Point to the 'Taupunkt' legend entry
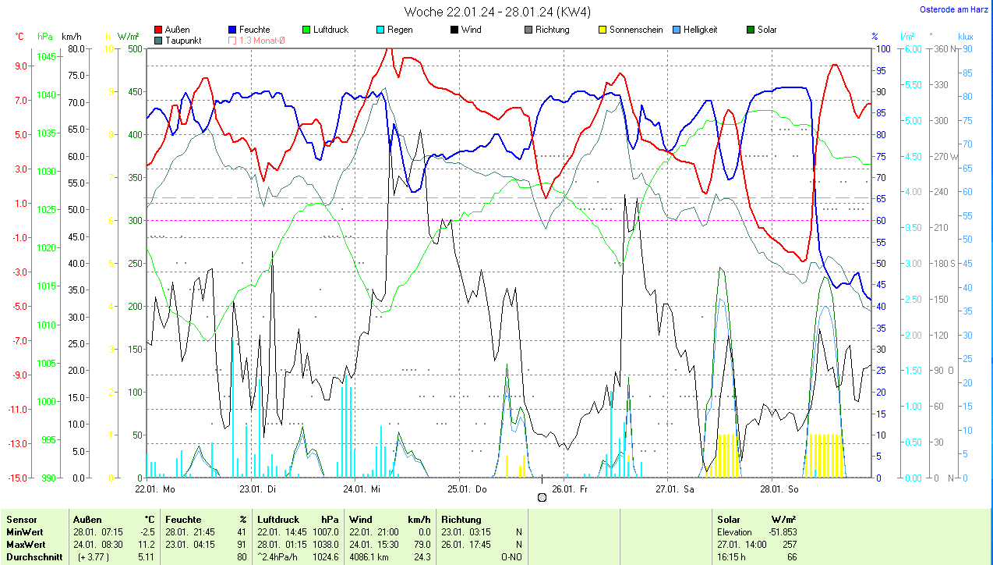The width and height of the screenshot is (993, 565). (x=182, y=41)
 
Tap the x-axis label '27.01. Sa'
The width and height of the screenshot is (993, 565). (x=675, y=489)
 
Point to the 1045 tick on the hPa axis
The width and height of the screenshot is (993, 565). (x=47, y=57)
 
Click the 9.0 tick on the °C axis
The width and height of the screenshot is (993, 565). (x=21, y=66)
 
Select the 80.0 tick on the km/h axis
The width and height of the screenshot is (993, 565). (x=76, y=48)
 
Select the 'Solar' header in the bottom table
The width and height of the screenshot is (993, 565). (x=729, y=519)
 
